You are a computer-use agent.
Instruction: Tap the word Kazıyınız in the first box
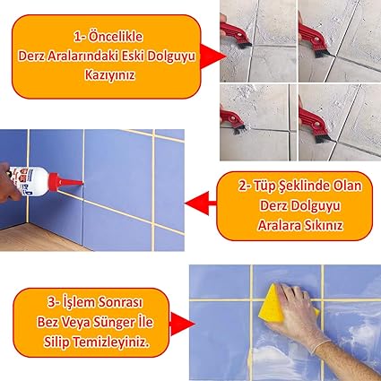[x=109, y=75]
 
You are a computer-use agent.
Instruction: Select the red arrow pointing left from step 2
[x=201, y=203]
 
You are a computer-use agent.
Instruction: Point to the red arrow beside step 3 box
[x=182, y=324]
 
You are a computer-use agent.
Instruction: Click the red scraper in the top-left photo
[x=234, y=33]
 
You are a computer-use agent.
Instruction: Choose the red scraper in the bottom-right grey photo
[x=313, y=124]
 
